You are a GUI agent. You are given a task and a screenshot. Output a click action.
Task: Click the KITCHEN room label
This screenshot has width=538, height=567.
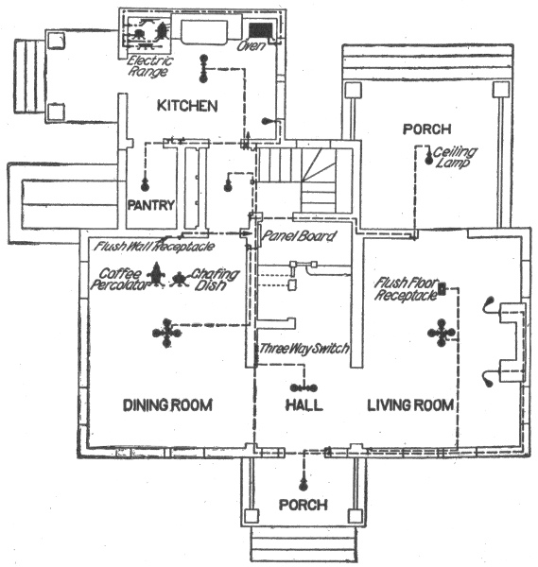point(187,106)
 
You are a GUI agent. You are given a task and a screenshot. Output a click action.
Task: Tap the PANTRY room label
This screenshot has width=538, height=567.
point(151,205)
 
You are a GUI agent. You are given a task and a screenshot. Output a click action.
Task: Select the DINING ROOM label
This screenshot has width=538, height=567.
point(167,404)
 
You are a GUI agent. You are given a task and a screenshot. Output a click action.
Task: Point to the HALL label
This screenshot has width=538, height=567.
point(304,404)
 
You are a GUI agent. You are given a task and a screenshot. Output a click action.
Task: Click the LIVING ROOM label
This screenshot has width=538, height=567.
point(410,404)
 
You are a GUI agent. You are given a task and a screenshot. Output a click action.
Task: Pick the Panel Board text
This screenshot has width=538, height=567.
point(299,236)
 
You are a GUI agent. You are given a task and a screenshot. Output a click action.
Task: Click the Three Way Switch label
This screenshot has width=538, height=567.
point(304,348)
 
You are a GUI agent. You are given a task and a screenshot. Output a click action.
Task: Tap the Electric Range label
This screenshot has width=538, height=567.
point(150,66)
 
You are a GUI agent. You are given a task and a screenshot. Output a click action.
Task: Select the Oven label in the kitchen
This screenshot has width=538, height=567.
point(252,46)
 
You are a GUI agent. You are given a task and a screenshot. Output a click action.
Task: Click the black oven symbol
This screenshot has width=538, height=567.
point(261,30)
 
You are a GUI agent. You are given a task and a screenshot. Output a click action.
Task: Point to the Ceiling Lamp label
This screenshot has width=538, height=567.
point(455,157)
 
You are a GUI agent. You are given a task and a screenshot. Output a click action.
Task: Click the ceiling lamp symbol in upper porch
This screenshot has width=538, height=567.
point(429,156)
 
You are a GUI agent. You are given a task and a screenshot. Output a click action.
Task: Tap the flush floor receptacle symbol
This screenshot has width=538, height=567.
point(442,288)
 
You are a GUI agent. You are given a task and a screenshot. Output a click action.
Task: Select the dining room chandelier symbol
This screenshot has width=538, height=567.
point(166,333)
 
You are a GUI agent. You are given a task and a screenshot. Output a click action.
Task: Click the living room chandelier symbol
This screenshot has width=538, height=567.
point(441,333)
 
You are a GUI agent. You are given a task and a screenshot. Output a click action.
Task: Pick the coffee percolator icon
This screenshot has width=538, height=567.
point(157,274)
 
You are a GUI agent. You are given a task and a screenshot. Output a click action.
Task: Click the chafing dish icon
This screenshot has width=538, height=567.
point(179,279)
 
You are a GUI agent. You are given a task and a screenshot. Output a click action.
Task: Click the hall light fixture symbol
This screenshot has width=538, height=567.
point(304,388)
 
